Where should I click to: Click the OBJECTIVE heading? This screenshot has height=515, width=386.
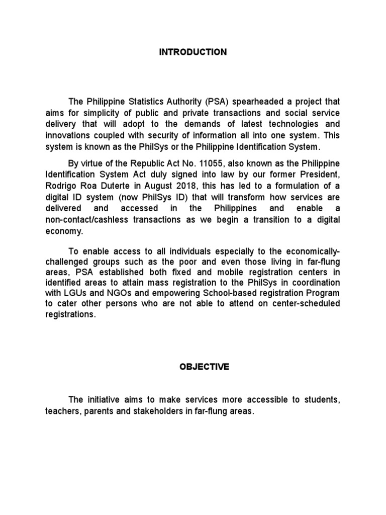pyautogui.click(x=204, y=367)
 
